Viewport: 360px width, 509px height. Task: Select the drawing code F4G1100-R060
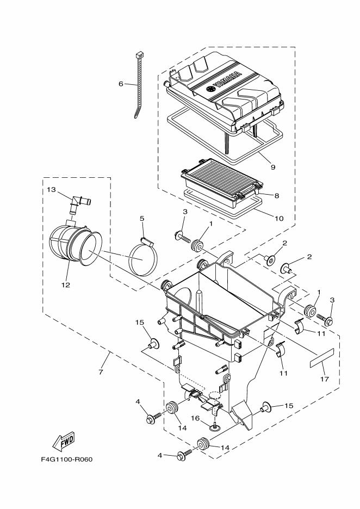66,459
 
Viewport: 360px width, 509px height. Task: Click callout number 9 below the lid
272,167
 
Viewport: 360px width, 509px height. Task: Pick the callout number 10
278,219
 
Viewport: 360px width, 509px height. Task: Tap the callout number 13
51,189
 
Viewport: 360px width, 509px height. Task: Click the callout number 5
141,219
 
